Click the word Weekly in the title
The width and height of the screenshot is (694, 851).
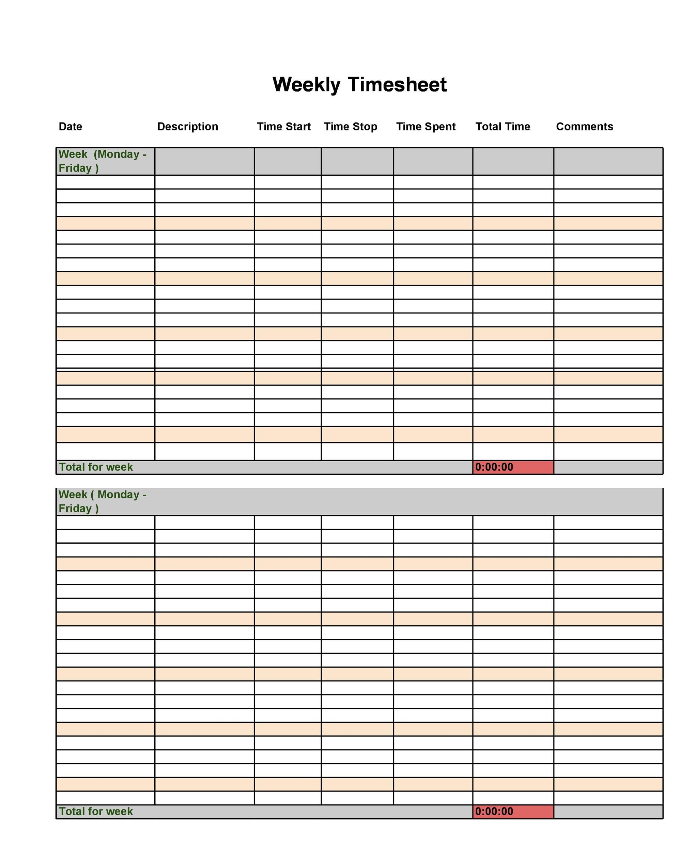point(306,85)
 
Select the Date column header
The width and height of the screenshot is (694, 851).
point(71,127)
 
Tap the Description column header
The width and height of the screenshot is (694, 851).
point(187,127)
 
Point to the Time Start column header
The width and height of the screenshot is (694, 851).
point(283,127)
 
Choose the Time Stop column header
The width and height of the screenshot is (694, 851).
point(350,127)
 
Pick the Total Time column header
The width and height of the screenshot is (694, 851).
point(503,127)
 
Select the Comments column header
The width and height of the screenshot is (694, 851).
point(584,127)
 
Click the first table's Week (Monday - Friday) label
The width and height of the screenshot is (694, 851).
point(102,161)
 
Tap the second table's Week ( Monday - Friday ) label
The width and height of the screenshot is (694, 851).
point(102,501)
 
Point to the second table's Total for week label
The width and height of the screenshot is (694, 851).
point(96,811)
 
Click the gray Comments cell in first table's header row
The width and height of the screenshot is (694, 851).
point(608,161)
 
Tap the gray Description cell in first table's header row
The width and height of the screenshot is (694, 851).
point(204,161)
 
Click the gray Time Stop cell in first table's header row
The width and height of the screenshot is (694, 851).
point(357,161)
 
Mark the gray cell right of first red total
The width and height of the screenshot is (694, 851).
point(608,467)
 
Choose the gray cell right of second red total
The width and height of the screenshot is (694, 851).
point(608,812)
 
